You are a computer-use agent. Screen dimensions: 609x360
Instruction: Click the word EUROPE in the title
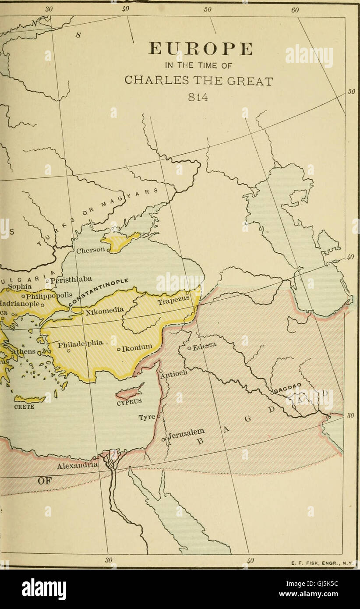click(x=201, y=49)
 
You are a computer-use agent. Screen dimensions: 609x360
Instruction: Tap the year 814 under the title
click(x=199, y=97)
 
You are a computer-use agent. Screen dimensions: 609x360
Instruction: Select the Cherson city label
click(x=91, y=251)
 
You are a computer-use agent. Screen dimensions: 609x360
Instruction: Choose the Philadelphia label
click(x=81, y=344)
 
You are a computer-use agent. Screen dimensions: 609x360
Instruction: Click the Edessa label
click(x=205, y=347)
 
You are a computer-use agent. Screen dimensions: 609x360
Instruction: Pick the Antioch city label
click(x=173, y=373)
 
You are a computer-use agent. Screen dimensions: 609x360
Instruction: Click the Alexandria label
click(x=77, y=466)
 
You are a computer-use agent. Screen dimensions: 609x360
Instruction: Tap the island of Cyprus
click(x=130, y=390)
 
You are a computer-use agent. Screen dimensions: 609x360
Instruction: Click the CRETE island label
click(x=25, y=406)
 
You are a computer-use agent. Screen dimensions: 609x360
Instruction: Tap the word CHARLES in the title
click(x=150, y=81)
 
